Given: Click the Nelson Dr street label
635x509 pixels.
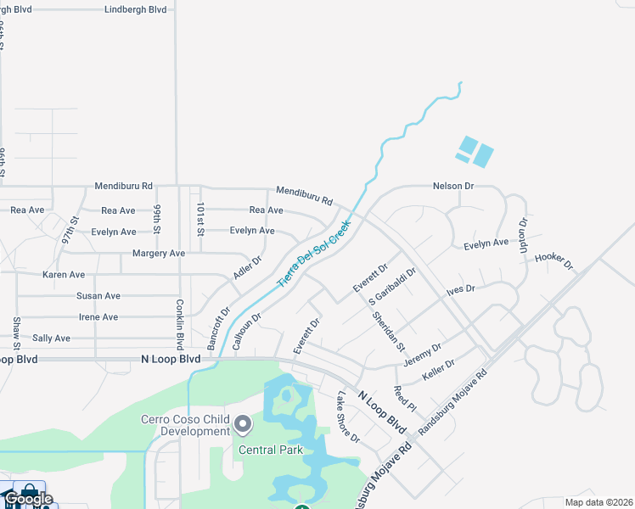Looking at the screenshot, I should pos(452,186).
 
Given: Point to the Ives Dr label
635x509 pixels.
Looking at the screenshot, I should pos(461,289).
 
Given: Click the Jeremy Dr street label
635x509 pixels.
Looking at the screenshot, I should pos(423,355).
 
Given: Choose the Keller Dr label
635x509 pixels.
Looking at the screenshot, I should pos(439,369).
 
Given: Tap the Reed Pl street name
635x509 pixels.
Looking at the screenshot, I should pos(405,400).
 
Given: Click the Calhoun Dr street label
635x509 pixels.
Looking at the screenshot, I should pos(247,332).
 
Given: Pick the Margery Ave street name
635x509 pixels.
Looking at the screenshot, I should pos(159,254).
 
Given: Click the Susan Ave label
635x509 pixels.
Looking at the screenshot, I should pos(98,296).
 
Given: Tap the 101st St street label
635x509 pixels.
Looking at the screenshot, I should pos(200,219).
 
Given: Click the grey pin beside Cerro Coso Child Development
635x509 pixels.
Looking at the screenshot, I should pos(243,423).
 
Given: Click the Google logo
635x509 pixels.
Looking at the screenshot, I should pos(28,498).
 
